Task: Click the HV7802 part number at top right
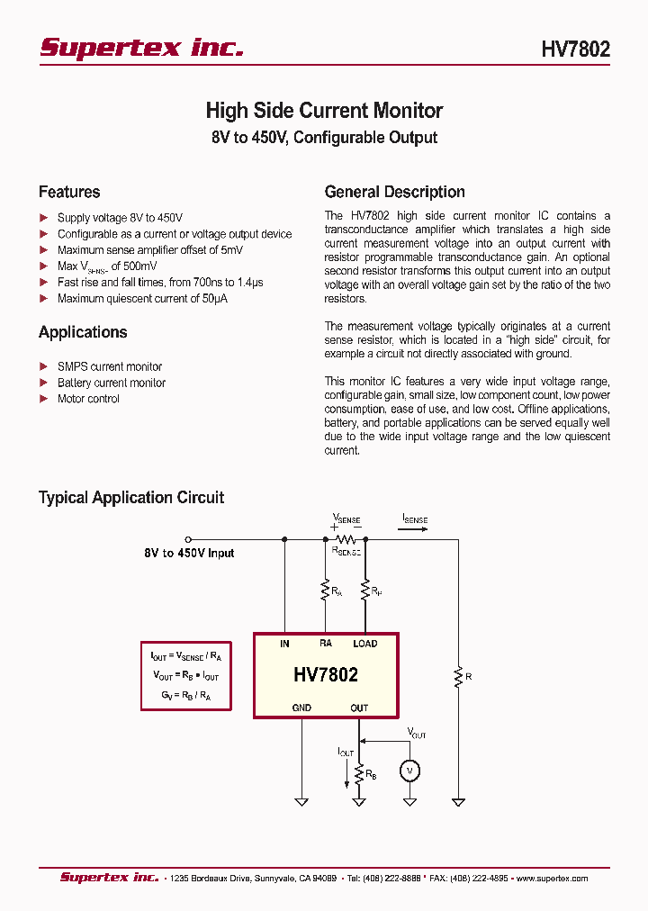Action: point(575,49)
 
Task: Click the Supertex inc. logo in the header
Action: point(141,48)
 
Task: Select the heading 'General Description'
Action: point(394,192)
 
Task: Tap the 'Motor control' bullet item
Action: point(88,399)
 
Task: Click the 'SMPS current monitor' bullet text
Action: point(110,366)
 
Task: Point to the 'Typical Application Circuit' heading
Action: point(131,497)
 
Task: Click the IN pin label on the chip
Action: point(284,644)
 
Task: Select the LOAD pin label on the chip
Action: point(364,644)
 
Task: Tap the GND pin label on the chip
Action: point(301,708)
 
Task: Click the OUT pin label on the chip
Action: point(359,708)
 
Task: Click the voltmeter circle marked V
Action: point(409,771)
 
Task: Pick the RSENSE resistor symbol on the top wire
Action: point(346,538)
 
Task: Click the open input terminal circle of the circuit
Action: point(188,539)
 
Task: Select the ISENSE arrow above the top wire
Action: point(415,529)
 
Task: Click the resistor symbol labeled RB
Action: point(359,772)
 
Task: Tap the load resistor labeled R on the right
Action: point(458,674)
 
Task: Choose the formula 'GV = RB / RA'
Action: point(185,695)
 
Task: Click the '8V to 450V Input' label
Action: point(189,553)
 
